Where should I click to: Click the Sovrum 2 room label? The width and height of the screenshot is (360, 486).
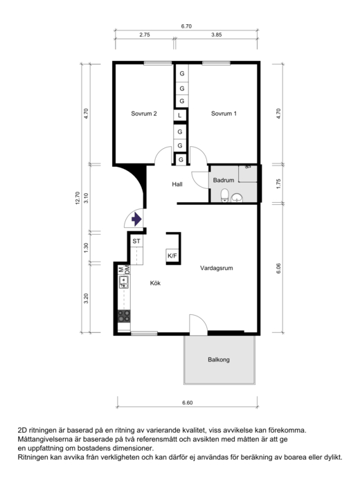coord(143,114)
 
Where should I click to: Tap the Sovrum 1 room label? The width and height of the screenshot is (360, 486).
coord(224,114)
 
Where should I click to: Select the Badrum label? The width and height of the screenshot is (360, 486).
coord(223,180)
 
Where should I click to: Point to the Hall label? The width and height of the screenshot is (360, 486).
coord(177,184)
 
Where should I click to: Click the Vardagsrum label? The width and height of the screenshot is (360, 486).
coord(217,268)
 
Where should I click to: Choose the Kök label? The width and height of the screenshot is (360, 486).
coord(155,283)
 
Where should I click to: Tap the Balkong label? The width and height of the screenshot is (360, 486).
coord(219,359)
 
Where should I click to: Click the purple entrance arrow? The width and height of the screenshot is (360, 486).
coord(136,219)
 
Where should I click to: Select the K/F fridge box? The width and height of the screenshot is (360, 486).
coord(172,255)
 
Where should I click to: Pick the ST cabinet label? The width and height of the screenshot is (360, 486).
coord(136,241)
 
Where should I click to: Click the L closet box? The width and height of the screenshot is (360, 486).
coord(179,116)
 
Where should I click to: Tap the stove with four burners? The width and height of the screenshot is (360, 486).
coord(124,316)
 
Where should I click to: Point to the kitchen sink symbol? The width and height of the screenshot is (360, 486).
coord(124,282)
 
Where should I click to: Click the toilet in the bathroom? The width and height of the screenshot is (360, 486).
coord(224,196)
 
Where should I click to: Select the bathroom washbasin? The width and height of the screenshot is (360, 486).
coord(237,197)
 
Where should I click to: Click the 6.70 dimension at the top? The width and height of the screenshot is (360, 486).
coord(186,26)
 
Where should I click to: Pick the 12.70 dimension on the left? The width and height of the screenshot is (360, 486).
coord(78,198)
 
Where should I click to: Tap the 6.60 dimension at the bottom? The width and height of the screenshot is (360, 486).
coord(188,403)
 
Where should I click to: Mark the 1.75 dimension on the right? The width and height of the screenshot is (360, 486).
coord(278,183)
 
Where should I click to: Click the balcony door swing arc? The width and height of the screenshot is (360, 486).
coord(201,319)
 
